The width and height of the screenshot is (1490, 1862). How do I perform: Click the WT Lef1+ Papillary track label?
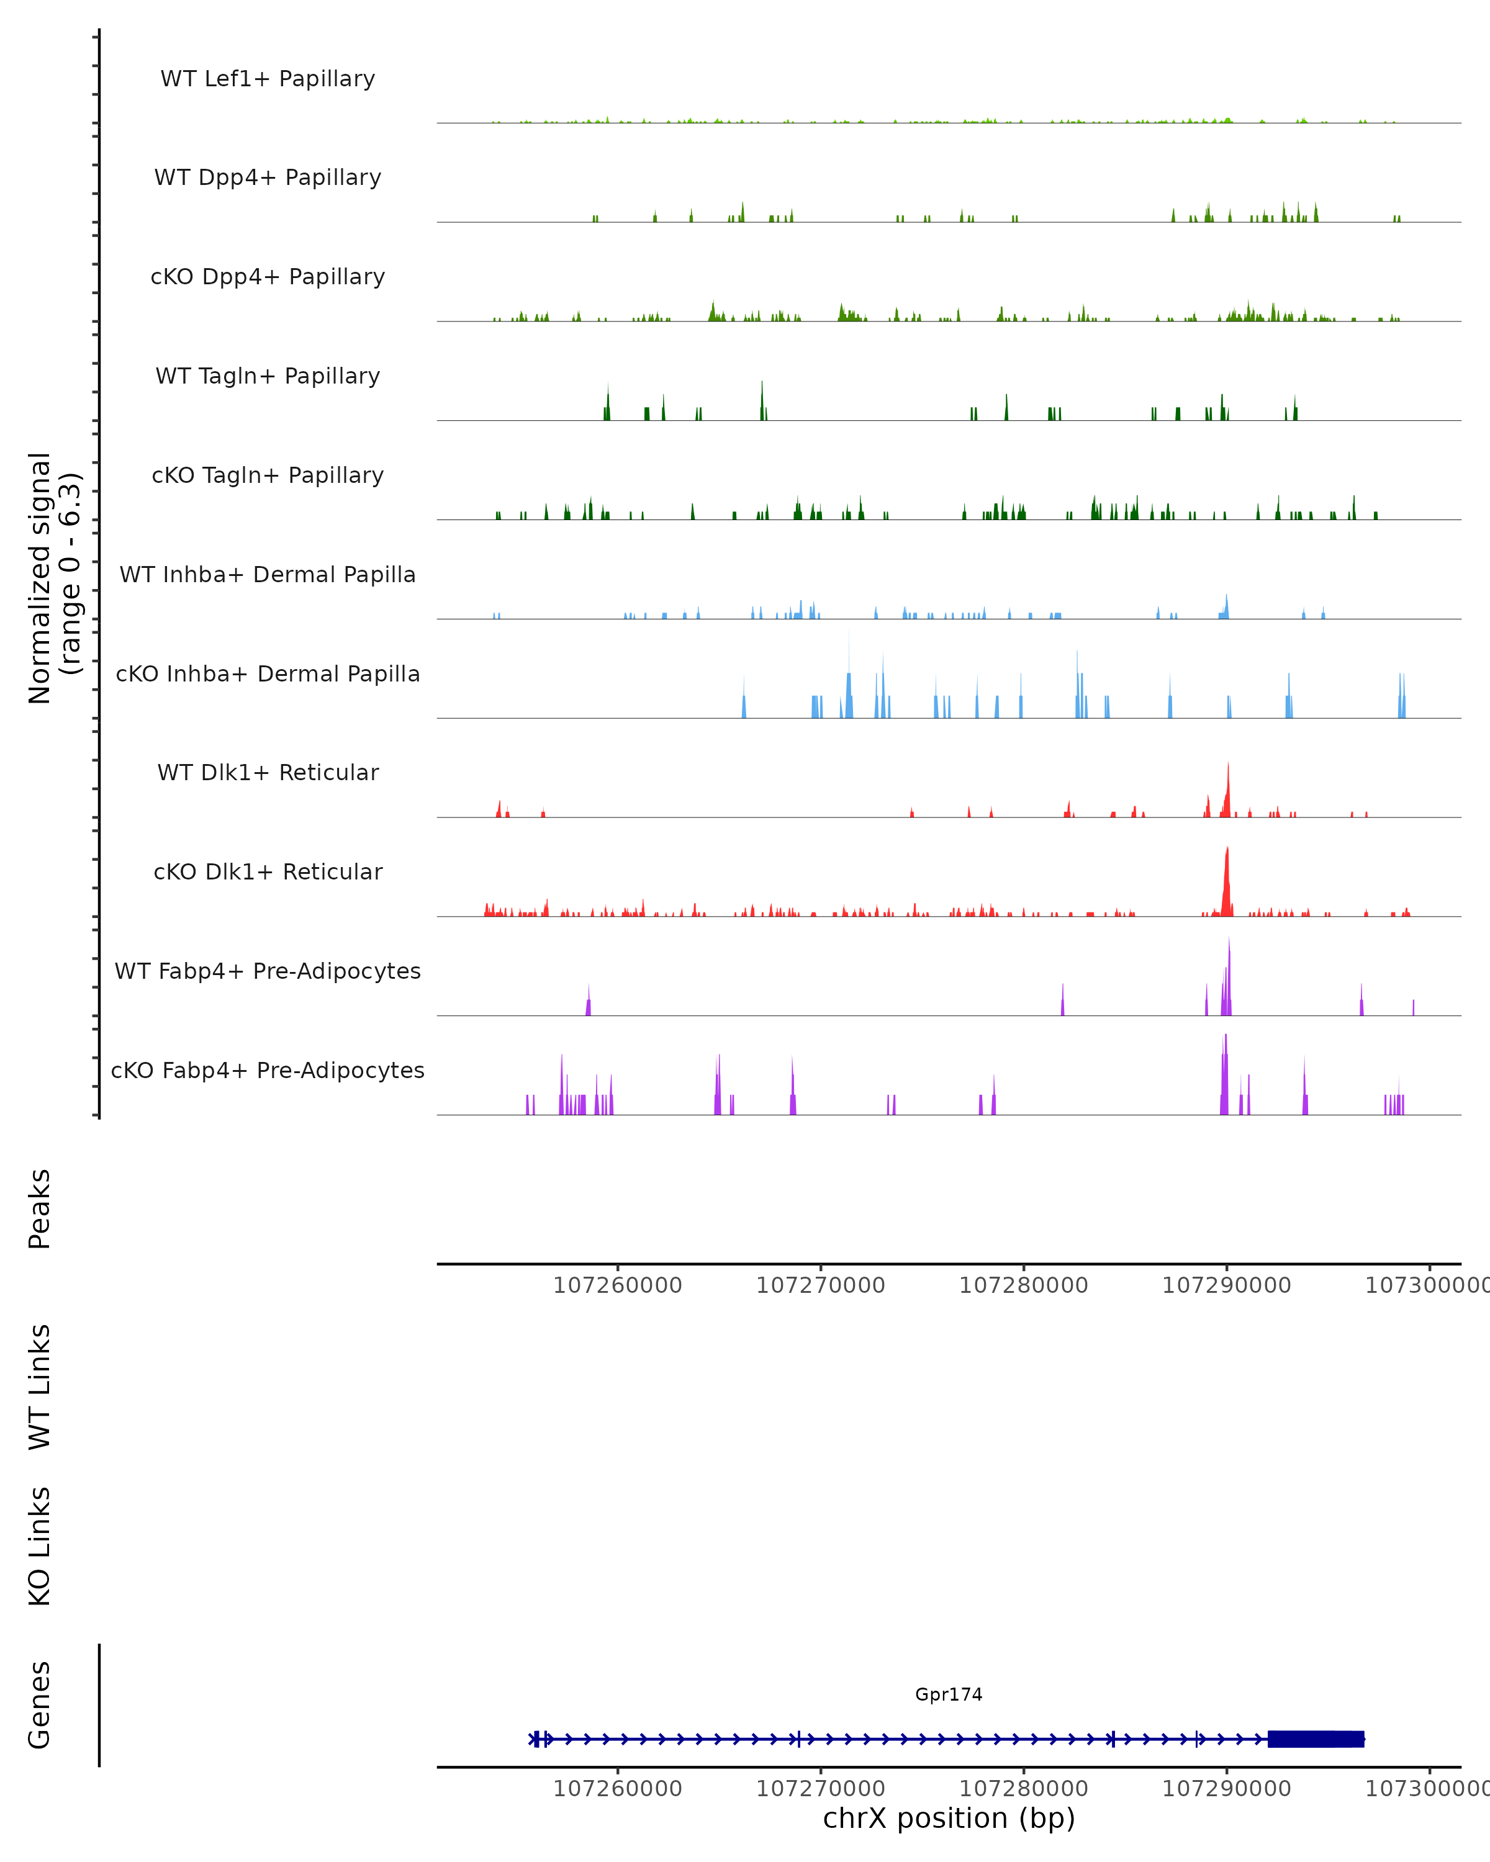268,79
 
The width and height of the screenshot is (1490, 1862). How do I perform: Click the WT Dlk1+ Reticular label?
268,772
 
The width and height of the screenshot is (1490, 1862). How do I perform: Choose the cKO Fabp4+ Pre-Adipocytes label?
268,1070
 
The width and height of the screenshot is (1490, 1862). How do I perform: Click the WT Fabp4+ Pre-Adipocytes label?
268,971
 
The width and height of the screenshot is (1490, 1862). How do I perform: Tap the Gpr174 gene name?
949,1694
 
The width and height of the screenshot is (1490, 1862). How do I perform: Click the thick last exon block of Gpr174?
1316,1739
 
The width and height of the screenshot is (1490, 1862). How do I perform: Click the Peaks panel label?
40,1208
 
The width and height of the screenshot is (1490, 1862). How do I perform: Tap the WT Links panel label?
40,1387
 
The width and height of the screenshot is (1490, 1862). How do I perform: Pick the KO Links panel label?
40,1547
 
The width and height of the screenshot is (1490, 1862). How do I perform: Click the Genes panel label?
40,1705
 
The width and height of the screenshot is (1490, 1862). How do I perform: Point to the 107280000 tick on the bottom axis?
1024,1789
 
